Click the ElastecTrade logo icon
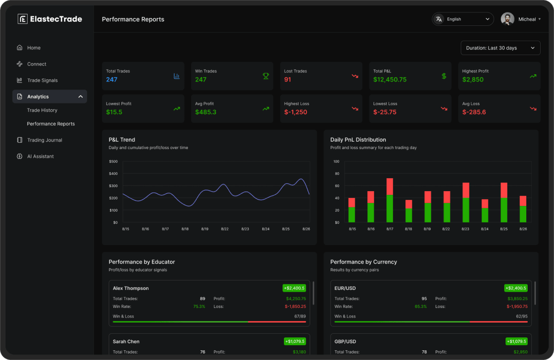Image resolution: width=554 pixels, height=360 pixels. coord(23,19)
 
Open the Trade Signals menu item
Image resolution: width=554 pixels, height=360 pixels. coord(42,80)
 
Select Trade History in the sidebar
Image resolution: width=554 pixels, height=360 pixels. coord(42,110)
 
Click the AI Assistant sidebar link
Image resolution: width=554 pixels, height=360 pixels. coord(40,156)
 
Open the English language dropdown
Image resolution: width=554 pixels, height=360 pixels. coord(463,19)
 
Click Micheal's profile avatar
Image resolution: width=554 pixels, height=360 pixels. coord(507,19)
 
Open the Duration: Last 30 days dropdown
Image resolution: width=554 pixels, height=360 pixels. coord(500,48)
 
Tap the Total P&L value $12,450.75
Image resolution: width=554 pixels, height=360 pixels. coord(390,79)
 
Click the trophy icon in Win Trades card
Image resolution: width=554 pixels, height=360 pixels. coord(266,76)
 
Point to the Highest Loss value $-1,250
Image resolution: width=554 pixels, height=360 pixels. coord(295,112)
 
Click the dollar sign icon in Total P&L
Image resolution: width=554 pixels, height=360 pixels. coord(444,76)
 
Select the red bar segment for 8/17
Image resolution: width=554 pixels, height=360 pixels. coord(390,186)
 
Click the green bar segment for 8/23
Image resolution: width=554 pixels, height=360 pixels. coord(466,210)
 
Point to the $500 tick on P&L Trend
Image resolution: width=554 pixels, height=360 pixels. coord(113,162)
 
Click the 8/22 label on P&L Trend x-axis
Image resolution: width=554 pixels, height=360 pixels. coord(225,229)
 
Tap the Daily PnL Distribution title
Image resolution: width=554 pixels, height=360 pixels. coord(358,140)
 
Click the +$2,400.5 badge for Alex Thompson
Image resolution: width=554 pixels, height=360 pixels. coord(294,288)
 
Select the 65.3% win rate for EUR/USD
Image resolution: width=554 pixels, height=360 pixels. coord(421,306)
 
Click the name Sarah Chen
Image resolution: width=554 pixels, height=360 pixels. coord(126,342)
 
